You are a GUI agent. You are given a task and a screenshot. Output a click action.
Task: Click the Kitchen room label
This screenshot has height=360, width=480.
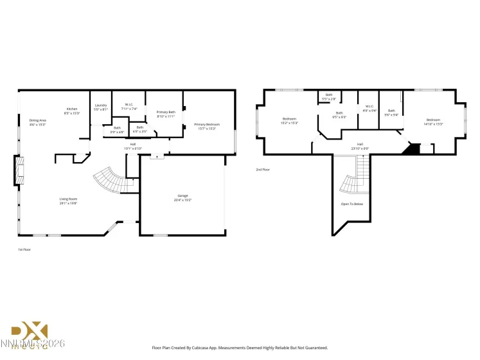coord(71,110)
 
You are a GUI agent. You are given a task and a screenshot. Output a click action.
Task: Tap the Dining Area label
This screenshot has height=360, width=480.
coord(37,122)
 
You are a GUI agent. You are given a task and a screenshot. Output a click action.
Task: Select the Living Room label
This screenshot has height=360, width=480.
coord(68,201)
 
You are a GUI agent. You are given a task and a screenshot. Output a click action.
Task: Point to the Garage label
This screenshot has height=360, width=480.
coord(182,196)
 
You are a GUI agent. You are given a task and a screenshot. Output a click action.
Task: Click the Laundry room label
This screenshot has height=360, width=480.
coord(100,107)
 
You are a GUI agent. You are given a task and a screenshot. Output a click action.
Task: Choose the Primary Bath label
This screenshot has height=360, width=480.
coord(166,114)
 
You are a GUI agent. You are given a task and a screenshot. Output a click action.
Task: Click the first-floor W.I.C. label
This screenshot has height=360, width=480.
coord(129,106)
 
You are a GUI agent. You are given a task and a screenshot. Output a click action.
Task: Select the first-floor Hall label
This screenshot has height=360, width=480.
coord(133,146)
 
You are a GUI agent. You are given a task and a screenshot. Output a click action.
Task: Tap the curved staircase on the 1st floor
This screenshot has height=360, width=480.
coord(108,181)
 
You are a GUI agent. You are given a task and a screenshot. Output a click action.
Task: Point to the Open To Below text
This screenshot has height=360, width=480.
coord(351,204)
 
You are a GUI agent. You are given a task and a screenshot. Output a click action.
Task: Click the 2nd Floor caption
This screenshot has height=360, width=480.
coord(263,170)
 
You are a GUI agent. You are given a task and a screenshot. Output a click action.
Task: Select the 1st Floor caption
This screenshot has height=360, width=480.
coord(24,249)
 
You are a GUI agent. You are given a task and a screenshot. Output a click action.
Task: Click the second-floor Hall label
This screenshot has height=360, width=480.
coord(360,146)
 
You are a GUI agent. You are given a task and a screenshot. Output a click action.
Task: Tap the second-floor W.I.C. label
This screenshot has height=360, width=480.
coord(369,108)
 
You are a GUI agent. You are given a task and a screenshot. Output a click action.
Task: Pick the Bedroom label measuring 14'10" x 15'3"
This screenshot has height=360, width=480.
coord(433,122)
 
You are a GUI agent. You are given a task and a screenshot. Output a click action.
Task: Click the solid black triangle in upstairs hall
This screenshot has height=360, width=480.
coord(409,149)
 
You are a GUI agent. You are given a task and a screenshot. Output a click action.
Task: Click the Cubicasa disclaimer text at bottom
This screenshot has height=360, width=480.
coord(239,347)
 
